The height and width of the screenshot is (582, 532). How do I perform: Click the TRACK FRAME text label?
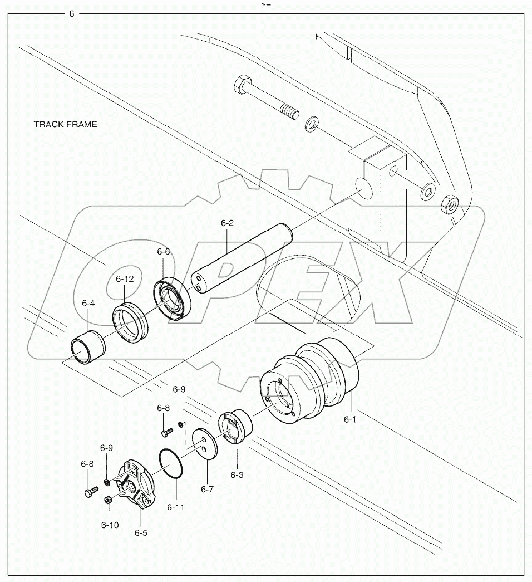(x=65, y=124)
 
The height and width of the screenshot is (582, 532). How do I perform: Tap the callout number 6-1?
(x=349, y=419)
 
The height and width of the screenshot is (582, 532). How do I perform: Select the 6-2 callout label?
(x=227, y=223)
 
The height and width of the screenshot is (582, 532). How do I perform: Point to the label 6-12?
(x=125, y=279)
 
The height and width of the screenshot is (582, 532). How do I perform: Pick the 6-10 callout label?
(x=109, y=524)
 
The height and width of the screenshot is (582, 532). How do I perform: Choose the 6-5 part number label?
(x=141, y=532)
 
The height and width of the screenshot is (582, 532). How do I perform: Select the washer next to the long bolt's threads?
(x=312, y=123)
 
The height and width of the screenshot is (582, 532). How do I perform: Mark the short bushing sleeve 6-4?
(x=87, y=345)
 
